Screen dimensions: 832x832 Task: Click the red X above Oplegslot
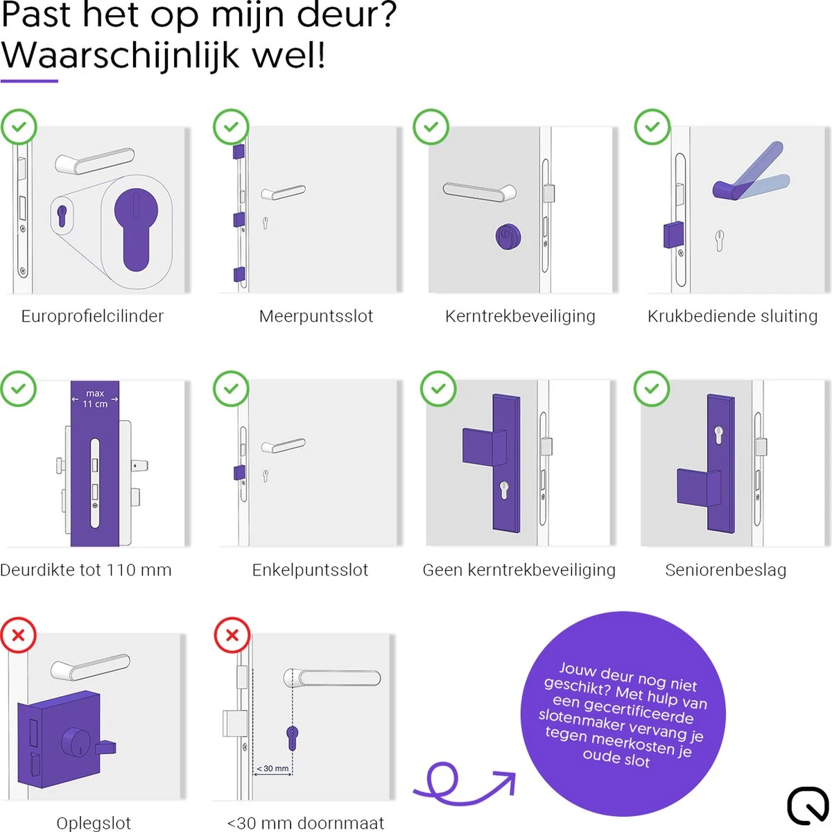tap(19, 634)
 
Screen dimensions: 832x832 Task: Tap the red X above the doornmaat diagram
tap(232, 634)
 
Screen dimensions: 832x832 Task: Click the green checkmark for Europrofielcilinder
tap(19, 127)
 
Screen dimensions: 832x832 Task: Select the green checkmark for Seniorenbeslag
tap(652, 388)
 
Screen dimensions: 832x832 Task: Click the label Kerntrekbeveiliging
tap(520, 316)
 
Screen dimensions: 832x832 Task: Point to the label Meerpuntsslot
tap(316, 316)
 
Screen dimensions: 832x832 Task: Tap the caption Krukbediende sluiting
tap(732, 316)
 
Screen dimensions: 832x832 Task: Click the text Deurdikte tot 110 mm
tap(86, 570)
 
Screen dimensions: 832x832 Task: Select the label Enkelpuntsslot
tap(310, 570)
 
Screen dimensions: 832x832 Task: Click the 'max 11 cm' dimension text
tap(95, 399)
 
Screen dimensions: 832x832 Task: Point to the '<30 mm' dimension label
tap(272, 768)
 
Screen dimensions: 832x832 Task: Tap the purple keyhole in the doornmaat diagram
tap(291, 736)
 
